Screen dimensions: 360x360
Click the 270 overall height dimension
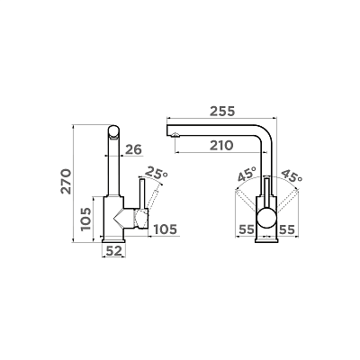click(x=67, y=182)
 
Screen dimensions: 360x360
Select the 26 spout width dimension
click(x=133, y=149)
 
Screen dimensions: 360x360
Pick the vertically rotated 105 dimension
click(x=85, y=219)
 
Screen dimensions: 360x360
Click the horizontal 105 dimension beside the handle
click(x=165, y=229)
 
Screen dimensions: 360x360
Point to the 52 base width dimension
click(x=114, y=251)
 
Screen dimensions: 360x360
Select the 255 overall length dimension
click(x=222, y=112)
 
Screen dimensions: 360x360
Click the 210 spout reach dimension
click(x=221, y=146)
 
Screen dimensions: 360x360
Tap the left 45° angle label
click(x=247, y=175)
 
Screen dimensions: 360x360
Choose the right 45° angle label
click(x=292, y=175)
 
